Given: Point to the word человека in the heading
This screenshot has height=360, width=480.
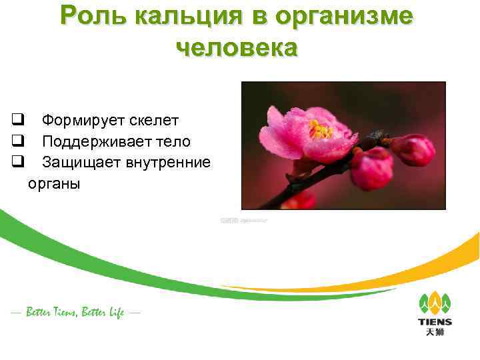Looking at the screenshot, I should [237, 48].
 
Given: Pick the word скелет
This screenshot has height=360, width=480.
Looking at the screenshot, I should [154, 121].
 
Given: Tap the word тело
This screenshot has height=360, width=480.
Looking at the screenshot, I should [173, 141].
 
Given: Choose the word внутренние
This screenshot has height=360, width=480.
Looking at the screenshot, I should [167, 162].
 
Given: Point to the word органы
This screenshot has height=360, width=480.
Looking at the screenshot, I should [53, 183].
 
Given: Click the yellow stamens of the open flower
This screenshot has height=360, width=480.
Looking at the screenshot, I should [321, 129].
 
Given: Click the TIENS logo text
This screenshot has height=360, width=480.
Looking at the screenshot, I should [435, 322].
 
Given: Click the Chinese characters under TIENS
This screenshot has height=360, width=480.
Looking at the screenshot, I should [435, 333].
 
